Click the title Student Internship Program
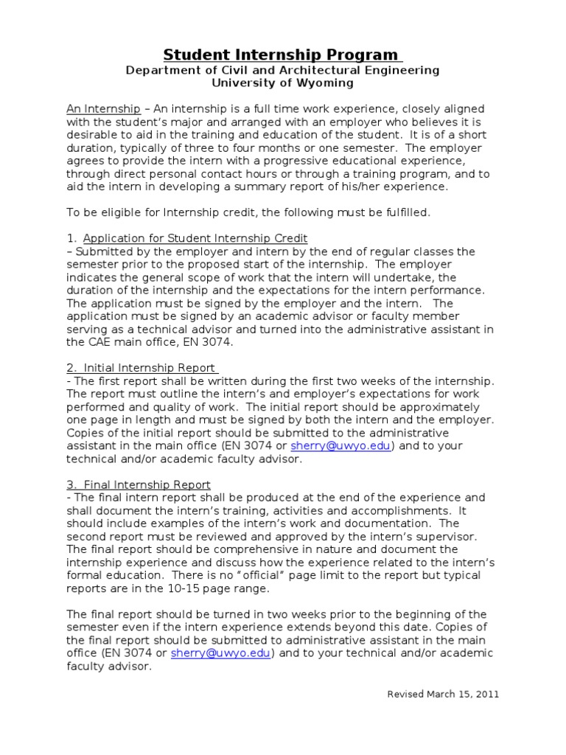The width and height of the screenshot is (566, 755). click(282, 55)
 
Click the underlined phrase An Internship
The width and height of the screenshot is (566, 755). click(103, 109)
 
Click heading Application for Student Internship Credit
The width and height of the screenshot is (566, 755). click(195, 237)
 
